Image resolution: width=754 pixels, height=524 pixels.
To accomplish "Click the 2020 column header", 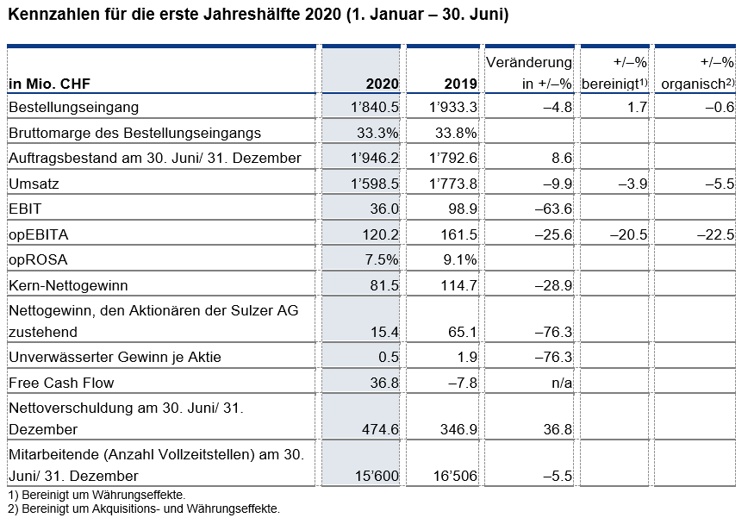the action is point(383,84).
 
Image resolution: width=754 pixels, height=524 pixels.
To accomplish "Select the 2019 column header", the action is point(461,84).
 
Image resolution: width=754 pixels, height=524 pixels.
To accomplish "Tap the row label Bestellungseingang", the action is point(73,107).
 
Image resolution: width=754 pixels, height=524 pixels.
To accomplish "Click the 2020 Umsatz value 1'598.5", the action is point(375,184).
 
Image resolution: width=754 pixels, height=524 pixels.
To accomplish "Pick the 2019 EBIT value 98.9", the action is point(459,209).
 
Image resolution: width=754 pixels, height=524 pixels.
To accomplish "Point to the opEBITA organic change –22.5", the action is point(715,234).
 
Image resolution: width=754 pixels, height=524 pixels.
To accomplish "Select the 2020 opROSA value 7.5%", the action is point(382,259).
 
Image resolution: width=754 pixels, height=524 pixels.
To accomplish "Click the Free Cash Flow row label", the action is point(61,383).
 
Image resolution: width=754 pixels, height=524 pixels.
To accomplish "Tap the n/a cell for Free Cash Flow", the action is point(562,383).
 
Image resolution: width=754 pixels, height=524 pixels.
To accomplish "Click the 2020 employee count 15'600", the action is point(377,476).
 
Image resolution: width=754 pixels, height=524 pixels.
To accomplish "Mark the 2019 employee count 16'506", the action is point(455,476).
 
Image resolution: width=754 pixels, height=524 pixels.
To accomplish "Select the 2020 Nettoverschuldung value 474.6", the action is point(380,429).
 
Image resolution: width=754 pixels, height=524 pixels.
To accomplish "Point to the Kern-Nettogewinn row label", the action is point(68,285).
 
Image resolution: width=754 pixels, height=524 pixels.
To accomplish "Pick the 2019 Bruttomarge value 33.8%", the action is point(456,133).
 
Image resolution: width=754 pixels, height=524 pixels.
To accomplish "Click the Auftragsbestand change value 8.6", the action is point(561,159).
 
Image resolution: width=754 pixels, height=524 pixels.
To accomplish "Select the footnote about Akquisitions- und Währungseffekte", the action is point(144,508).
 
